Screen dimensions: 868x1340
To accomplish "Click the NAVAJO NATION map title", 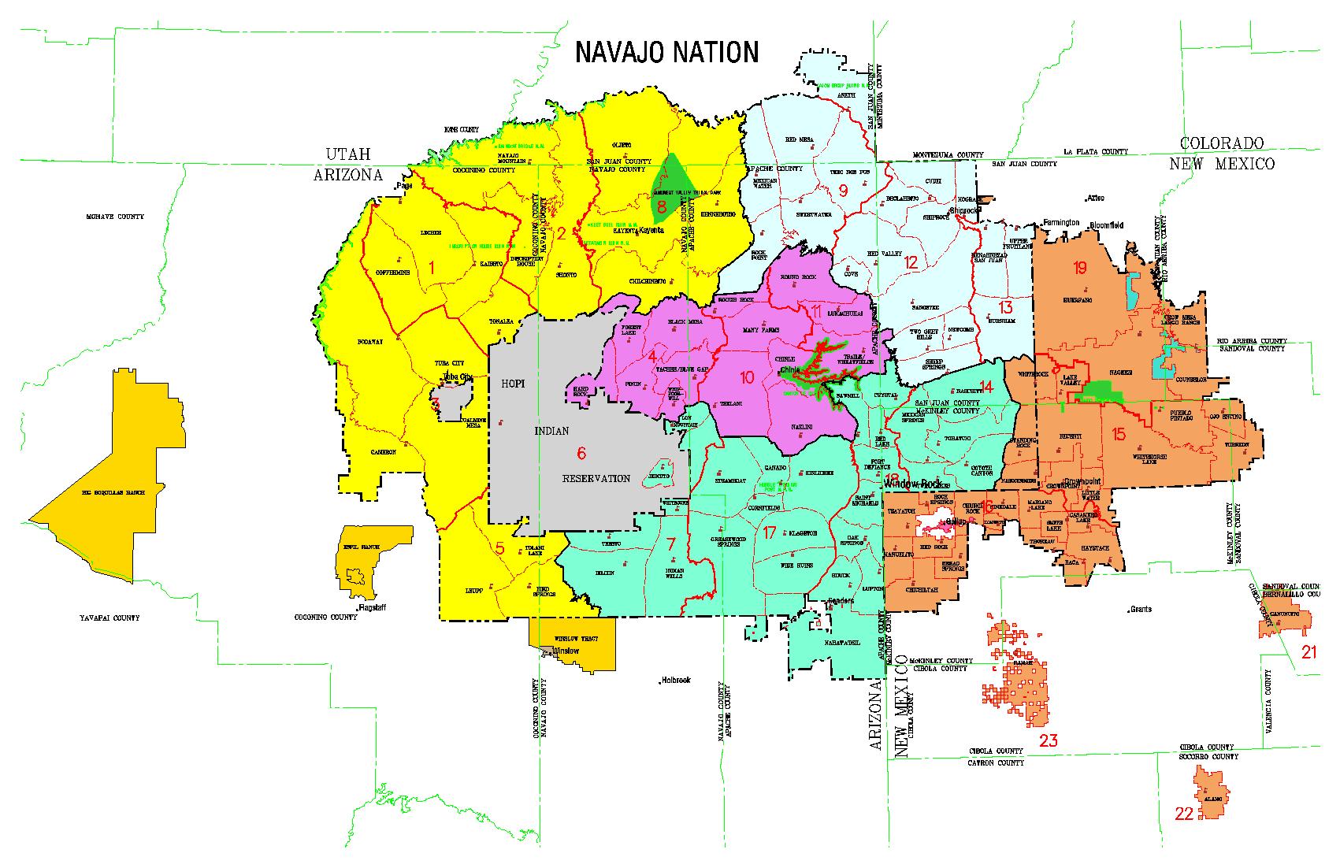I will pos(666,52).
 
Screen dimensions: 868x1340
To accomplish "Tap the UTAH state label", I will pos(350,154).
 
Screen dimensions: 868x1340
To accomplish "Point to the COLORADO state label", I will pos(1221,143).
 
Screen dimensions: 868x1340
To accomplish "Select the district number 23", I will pos(1049,740).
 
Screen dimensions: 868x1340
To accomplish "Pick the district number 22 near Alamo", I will pos(1184,814).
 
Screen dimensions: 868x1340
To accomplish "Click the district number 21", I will pos(1308,651).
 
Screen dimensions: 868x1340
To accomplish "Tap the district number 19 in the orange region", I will pos(1079,268).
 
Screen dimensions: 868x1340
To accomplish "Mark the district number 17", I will pos(770,532).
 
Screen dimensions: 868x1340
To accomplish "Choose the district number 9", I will pos(842,190).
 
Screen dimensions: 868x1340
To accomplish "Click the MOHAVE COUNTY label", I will pos(115,217).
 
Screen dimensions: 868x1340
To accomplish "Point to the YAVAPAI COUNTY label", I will pos(110,618).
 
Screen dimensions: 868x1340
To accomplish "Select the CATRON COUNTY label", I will pos(996,762).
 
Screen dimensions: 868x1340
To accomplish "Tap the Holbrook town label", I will pos(676,680).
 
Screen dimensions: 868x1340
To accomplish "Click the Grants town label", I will pos(1140,609).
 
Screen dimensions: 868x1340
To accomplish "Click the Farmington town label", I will pos(1062,223).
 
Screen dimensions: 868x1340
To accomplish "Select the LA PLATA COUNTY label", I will pos(1095,151).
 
